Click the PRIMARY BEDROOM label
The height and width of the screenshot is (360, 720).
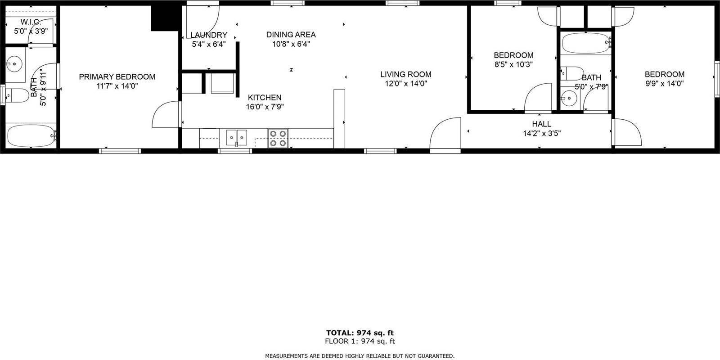[x=117, y=77]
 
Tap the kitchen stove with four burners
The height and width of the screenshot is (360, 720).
[x=278, y=138]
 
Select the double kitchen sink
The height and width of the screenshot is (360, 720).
[x=236, y=136]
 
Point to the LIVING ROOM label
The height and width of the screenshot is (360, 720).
[x=405, y=74]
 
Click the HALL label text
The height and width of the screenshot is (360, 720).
[x=541, y=124]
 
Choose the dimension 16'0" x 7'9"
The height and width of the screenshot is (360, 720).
[x=265, y=107]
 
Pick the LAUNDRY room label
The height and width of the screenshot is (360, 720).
[x=209, y=35]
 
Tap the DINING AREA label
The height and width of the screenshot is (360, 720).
[x=291, y=35]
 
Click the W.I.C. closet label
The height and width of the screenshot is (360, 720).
[x=31, y=22]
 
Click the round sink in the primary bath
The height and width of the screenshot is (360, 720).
[x=16, y=64]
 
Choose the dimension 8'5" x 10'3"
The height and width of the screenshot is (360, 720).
[x=513, y=64]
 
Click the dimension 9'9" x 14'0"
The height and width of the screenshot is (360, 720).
[x=664, y=83]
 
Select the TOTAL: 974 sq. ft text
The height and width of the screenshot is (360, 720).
[x=360, y=333]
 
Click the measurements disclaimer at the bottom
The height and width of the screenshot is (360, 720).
[x=360, y=355]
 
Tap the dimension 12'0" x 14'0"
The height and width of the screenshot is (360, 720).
[x=405, y=83]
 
